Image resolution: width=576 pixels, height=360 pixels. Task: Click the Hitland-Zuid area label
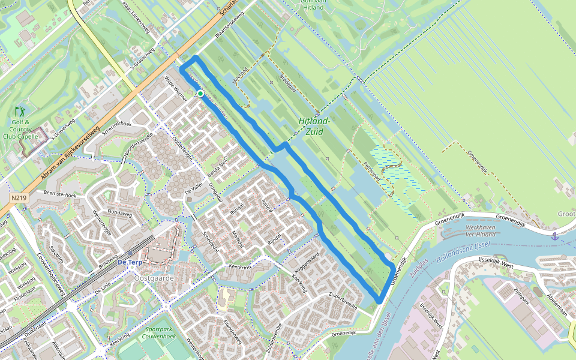[314, 126]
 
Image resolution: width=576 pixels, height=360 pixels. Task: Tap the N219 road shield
[19, 197]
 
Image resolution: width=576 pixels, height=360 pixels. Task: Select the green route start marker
[200, 94]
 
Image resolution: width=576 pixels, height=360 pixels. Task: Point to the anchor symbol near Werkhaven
[555, 236]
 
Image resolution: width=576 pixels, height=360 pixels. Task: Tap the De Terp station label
[129, 262]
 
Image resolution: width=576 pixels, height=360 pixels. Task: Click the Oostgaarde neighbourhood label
[154, 278]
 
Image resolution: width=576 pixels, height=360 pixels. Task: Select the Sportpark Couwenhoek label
[158, 333]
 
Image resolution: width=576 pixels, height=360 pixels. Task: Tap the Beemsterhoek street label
[60, 195]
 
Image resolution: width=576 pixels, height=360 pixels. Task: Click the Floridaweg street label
[121, 212]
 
